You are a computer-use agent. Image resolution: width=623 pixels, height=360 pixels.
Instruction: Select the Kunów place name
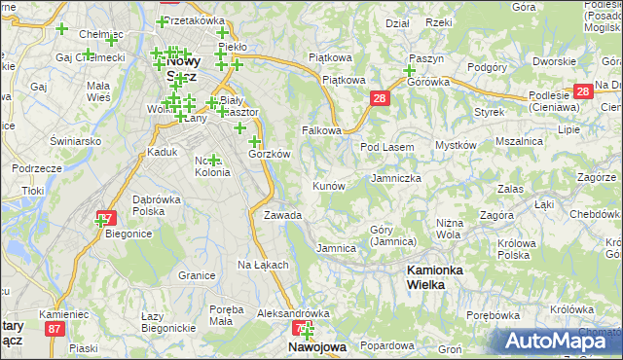pos(328,185)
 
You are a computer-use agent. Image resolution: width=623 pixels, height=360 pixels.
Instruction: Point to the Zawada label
pos(282,215)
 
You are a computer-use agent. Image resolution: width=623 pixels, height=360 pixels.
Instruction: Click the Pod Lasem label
pos(387,146)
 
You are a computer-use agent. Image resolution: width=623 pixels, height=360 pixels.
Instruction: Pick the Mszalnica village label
pos(518,141)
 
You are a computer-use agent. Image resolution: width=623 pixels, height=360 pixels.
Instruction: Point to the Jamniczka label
pos(396,179)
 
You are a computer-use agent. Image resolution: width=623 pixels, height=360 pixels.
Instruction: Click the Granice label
pos(197,275)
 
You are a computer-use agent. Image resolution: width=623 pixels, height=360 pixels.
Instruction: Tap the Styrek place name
pos(488,112)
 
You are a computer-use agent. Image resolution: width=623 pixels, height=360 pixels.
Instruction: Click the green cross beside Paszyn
pos(409,71)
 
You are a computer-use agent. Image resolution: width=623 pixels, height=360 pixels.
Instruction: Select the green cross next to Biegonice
pos(99,222)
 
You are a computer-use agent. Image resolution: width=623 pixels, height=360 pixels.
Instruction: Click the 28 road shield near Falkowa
pos(379,98)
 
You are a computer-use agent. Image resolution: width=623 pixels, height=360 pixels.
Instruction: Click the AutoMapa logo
pos(560,341)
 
